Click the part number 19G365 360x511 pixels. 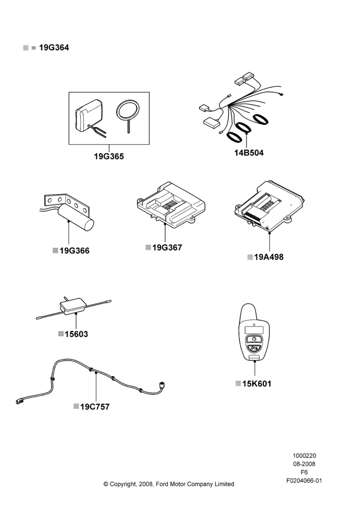[x=109, y=156]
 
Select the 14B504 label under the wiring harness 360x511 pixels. [x=249, y=152]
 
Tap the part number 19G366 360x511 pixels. [x=74, y=250]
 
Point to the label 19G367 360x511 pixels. [x=167, y=247]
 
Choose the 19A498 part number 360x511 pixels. [x=268, y=257]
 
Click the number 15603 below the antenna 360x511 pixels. [x=76, y=334]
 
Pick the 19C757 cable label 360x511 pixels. [x=95, y=407]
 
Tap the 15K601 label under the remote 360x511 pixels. [x=257, y=384]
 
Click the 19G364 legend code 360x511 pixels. [x=54, y=48]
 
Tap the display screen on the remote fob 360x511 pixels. [x=254, y=330]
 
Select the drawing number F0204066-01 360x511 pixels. [x=304, y=480]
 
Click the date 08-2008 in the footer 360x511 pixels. [x=304, y=464]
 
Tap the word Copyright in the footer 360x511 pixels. [x=123, y=484]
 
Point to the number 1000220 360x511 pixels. [x=304, y=456]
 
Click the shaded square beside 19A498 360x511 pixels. [x=250, y=257]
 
